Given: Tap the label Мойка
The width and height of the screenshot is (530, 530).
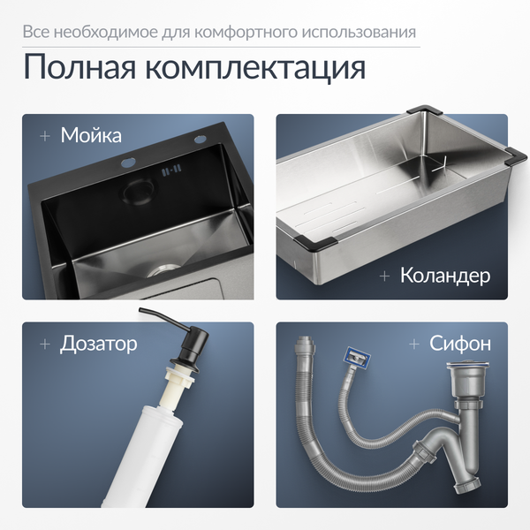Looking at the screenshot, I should point(91,136).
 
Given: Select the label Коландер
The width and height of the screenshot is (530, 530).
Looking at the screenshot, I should point(444,276).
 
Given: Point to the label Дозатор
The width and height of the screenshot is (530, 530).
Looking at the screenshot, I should point(98,343).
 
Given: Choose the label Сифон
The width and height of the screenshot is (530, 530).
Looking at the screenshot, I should point(459,343).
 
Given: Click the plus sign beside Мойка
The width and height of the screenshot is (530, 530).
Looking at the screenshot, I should point(44,136).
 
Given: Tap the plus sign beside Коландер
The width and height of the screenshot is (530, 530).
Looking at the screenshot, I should point(384,276).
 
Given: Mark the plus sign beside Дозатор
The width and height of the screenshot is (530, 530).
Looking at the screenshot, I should point(44,343).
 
